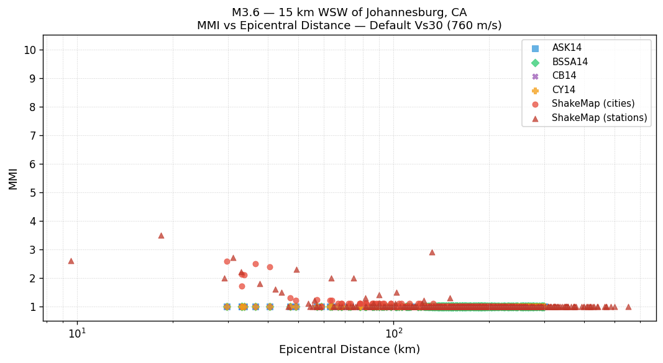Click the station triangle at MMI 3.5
pos(161,235)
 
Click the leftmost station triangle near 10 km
pos(71,261)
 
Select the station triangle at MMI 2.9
pos(432,252)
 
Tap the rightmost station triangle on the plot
pos(628,307)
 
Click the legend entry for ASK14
pos(567,48)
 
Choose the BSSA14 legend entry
pos(570,62)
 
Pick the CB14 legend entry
pos(564,76)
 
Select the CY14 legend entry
pos(564,90)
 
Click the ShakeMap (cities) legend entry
pos(593,104)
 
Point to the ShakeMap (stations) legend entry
pos(599,118)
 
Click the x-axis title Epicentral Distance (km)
pos(349,349)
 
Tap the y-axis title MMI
pos(14,178)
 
